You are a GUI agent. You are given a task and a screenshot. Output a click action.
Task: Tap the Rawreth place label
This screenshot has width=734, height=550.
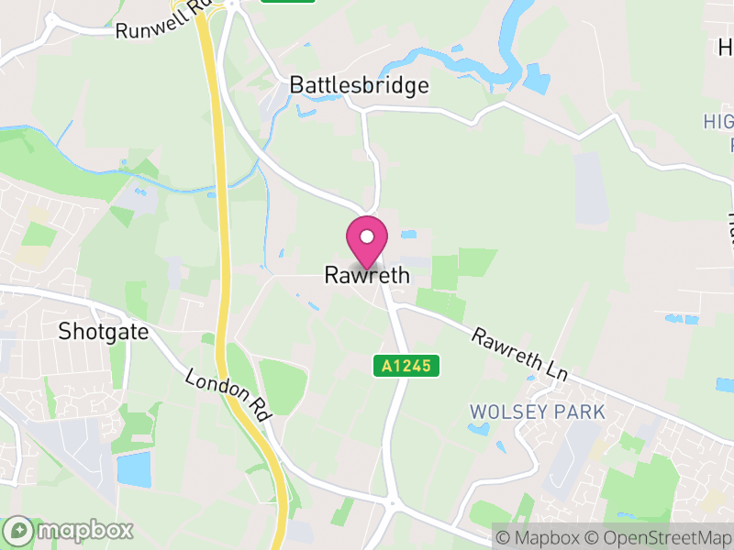[x=367, y=275]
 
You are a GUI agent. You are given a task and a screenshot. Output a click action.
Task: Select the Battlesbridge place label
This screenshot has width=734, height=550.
[x=359, y=85]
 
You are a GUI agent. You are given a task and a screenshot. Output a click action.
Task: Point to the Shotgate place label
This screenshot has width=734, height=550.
[x=103, y=331]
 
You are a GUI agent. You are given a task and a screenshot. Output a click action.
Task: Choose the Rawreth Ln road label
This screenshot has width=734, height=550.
[x=520, y=357]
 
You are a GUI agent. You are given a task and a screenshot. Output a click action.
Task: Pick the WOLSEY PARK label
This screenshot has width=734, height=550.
[x=538, y=412]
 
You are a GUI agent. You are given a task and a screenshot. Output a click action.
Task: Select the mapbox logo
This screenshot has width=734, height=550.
[x=69, y=530]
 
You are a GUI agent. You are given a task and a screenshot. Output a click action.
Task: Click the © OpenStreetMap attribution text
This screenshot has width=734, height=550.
[x=658, y=538]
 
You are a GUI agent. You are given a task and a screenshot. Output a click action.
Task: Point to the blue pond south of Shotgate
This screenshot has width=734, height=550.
[x=134, y=469]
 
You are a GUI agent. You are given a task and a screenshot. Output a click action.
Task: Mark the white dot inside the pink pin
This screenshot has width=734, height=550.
[x=367, y=236]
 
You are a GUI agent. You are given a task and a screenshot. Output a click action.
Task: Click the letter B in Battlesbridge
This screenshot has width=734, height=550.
[x=296, y=85]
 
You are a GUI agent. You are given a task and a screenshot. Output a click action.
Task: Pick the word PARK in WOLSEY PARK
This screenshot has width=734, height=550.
[x=579, y=412]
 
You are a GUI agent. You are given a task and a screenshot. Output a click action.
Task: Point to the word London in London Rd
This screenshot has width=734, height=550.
[x=217, y=386]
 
